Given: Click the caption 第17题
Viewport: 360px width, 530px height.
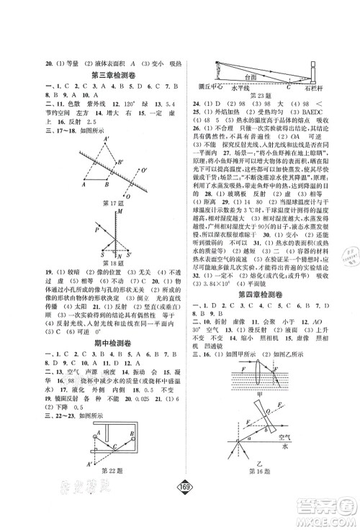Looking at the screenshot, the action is coord(111,203).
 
